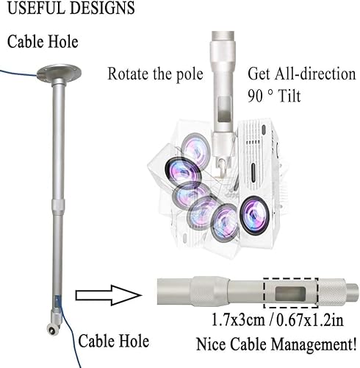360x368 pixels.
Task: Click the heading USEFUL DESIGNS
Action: (71, 7)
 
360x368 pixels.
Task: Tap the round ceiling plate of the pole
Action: (59, 73)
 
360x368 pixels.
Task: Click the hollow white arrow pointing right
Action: (109, 295)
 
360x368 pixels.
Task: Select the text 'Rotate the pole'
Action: (155, 74)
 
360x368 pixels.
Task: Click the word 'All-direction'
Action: (315, 74)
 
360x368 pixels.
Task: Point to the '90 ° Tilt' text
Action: (274, 96)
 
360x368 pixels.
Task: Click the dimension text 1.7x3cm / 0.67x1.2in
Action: (277, 320)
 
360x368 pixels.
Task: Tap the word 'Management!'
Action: (314, 344)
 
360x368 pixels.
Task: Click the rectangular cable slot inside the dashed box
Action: (290, 294)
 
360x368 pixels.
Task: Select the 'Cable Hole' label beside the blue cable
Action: (114, 341)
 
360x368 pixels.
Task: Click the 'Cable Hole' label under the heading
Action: (43, 41)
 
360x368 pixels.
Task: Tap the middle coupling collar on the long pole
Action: (58, 205)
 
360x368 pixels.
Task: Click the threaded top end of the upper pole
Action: (223, 35)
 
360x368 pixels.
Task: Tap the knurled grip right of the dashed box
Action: (332, 293)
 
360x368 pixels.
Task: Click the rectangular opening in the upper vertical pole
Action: (224, 109)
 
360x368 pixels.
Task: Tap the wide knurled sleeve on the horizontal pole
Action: (209, 292)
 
